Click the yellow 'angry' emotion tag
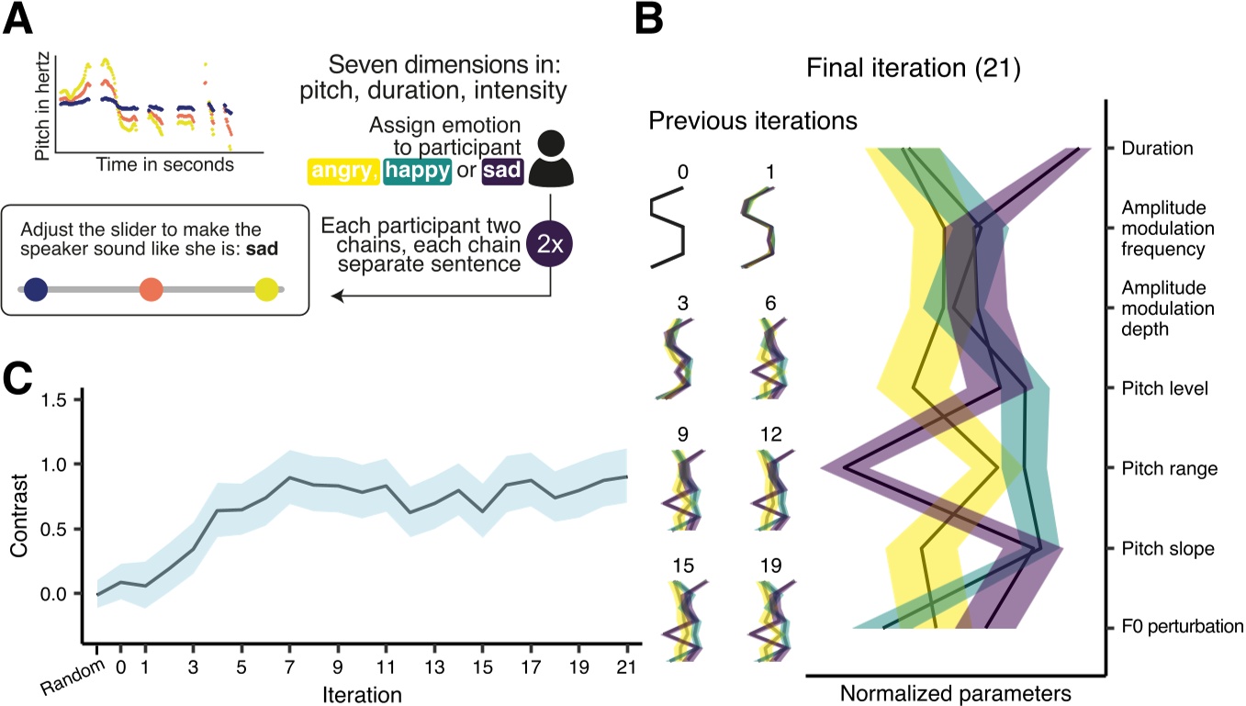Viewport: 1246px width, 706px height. coord(342,171)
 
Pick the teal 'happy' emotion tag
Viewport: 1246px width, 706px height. coord(417,171)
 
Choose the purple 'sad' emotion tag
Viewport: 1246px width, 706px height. coord(503,171)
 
